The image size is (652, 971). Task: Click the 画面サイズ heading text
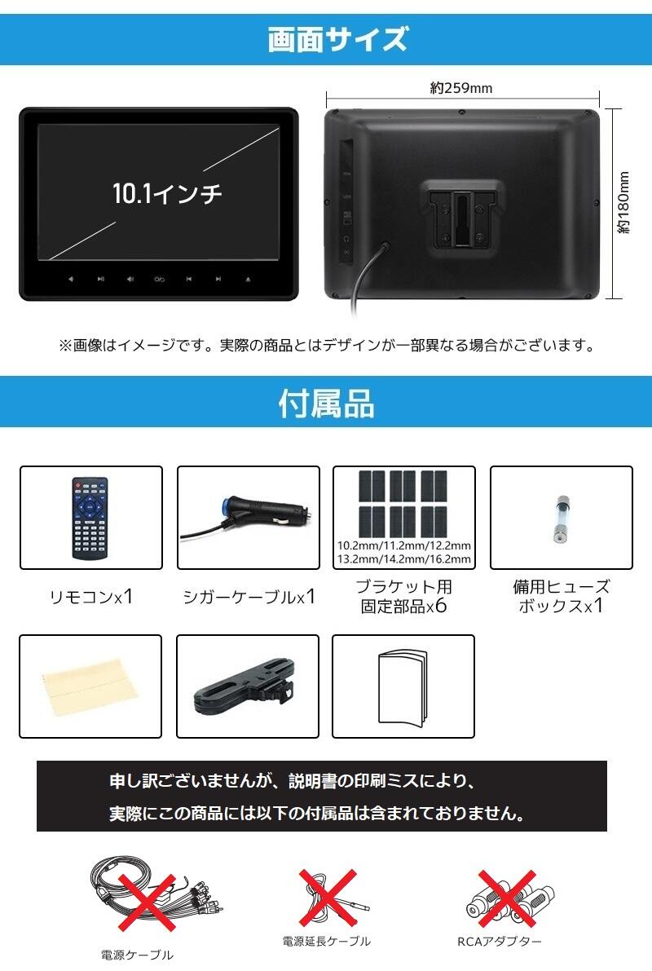pos(337,39)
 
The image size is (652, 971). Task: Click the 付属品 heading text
pos(326,403)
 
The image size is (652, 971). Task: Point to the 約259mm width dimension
pos(461,89)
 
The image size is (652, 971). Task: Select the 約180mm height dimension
pos(624,203)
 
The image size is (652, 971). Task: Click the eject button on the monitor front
pos(249,280)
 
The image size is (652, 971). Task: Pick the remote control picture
pos(90,518)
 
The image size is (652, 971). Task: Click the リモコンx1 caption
pos(90,597)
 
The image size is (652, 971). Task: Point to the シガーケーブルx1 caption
pos(249,597)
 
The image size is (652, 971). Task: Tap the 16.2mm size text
pos(450,558)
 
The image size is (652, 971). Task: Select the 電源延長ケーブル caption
pos(326,941)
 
